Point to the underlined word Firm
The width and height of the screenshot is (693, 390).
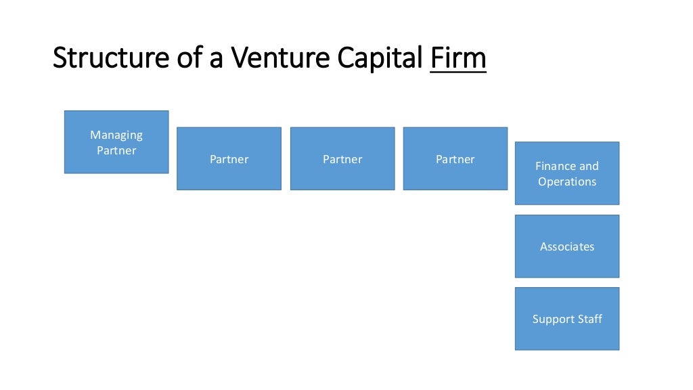(x=457, y=60)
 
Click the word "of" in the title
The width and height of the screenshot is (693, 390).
(x=177, y=60)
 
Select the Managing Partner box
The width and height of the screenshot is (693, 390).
(x=116, y=142)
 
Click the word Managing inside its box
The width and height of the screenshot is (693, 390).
(x=116, y=135)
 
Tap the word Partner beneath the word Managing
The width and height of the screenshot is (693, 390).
(x=116, y=150)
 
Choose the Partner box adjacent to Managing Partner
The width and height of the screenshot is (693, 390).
(x=229, y=158)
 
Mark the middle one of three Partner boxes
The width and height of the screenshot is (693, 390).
(x=342, y=158)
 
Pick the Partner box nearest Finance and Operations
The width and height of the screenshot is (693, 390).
(x=455, y=158)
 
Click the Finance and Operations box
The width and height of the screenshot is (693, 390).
(x=567, y=173)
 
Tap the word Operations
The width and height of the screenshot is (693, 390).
(x=567, y=181)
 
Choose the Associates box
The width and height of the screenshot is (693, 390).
(x=567, y=246)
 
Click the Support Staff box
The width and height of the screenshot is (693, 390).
(x=567, y=319)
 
